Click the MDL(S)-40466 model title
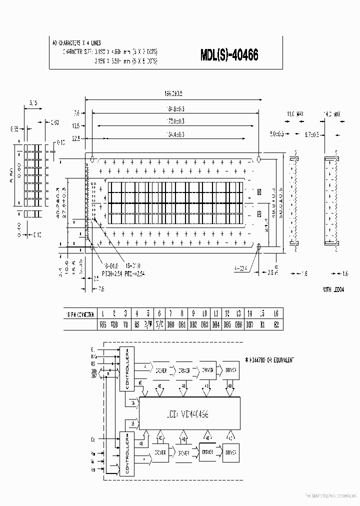pos(229,55)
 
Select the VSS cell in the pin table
pos(102,324)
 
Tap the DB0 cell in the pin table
pos(171,324)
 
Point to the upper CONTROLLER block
pos(127,368)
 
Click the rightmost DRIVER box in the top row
pos(230,370)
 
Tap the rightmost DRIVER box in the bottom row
pos(230,452)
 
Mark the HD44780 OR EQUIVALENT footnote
pos(270,359)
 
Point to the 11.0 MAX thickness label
pos(295,114)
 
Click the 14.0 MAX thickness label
pos(331,114)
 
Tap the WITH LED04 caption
pos(334,289)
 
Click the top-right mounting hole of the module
pos(259,159)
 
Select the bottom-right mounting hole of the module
pos(259,246)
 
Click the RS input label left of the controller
pos(93,364)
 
